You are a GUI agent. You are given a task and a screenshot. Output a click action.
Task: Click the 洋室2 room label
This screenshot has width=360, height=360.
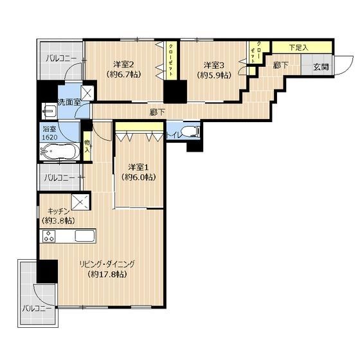123,64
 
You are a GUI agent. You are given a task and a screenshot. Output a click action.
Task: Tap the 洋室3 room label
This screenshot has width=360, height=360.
214,66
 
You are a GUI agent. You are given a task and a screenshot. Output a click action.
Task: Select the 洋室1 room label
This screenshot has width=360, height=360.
138,167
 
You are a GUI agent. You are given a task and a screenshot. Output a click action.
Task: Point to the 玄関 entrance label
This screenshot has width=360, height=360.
321,67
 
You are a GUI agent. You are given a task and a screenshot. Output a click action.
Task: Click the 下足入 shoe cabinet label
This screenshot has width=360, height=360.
298,48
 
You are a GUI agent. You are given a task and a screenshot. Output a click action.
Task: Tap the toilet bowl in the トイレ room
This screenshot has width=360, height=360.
190,132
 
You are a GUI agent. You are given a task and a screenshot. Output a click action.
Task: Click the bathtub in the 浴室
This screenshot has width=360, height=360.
60,151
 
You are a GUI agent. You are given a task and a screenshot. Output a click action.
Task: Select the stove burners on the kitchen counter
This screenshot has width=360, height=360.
49,236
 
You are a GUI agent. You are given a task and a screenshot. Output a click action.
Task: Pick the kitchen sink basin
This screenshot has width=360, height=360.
84,236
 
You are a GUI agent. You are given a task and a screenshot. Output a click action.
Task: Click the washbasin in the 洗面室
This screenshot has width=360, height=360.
49,111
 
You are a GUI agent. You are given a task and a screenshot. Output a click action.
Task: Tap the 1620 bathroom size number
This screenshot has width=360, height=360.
50,138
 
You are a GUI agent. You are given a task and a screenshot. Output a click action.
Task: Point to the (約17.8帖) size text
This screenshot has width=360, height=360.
107,274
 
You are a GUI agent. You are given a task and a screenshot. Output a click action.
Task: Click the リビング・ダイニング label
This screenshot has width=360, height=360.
107,264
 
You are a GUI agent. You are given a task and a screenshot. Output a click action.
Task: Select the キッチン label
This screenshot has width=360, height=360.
59,211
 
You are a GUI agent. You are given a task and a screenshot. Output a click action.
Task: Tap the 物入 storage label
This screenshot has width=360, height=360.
87,146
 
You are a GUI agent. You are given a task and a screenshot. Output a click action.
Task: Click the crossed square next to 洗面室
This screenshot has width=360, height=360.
87,93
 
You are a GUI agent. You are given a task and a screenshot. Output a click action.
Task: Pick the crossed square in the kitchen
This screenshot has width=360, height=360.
80,202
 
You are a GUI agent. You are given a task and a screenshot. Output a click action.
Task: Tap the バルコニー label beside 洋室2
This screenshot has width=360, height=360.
61,59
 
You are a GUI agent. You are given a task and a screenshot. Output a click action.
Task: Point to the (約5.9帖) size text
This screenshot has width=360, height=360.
214,75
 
